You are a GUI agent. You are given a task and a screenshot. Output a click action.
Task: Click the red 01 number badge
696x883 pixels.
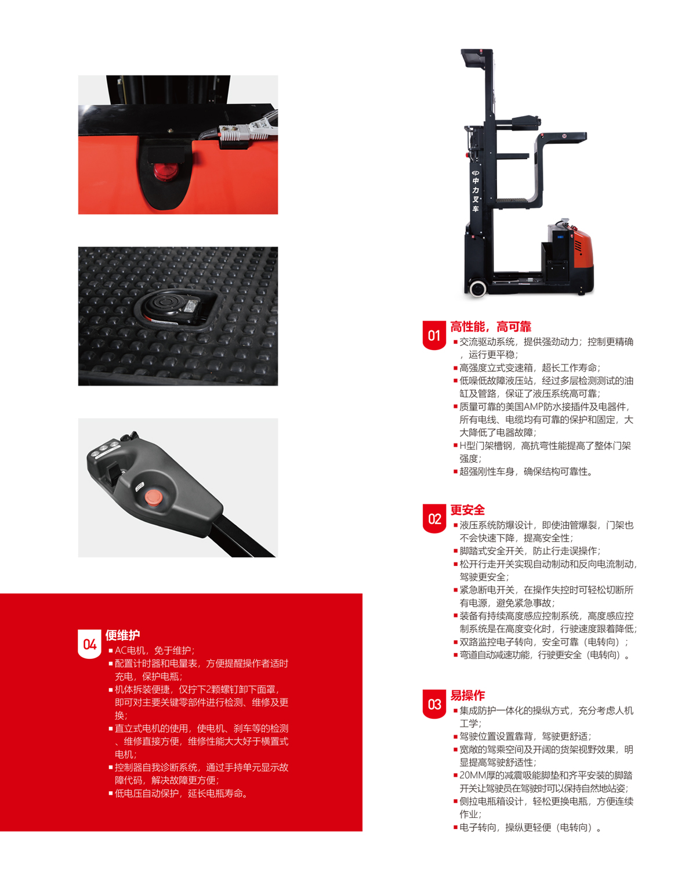[x=434, y=335]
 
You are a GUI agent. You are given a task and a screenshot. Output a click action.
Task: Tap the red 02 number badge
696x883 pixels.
[x=434, y=518]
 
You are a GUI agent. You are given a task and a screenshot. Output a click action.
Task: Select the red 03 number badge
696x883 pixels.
[x=434, y=704]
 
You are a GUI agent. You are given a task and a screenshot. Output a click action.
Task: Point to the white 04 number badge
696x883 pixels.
[x=89, y=644]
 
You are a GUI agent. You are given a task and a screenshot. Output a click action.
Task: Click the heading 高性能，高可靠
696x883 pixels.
[x=491, y=327]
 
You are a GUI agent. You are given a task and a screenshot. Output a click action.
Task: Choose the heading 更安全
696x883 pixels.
[x=467, y=510]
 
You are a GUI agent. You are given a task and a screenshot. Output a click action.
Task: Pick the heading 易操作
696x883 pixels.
[x=467, y=695]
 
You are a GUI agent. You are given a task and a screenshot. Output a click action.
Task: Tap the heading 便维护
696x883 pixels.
[x=122, y=635]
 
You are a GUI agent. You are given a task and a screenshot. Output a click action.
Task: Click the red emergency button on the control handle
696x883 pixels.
[x=153, y=498]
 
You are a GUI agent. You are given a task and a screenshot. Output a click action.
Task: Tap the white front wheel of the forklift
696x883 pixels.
[x=477, y=288]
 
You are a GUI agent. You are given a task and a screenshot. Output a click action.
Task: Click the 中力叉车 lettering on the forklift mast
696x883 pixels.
[x=476, y=194]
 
